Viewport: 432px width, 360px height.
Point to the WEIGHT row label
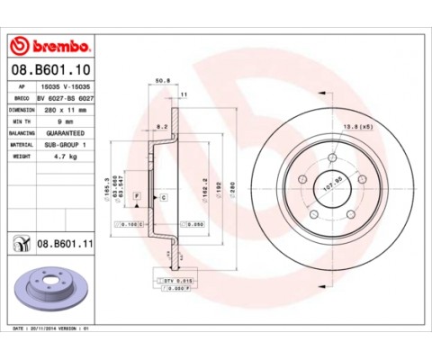coord(22,155)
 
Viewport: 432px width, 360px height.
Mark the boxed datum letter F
coord(136,195)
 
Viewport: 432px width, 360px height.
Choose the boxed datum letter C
coord(164,195)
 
